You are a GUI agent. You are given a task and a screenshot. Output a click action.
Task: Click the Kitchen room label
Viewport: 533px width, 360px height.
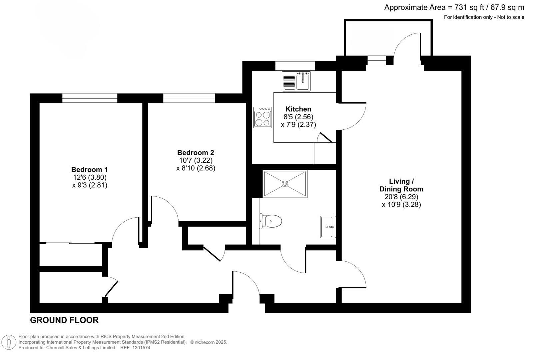[298, 109]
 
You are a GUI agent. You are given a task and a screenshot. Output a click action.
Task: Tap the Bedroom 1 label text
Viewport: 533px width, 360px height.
[89, 169]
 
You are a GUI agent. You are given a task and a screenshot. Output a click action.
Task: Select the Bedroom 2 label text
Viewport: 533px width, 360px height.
[196, 153]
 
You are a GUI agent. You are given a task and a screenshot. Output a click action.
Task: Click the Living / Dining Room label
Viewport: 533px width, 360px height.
[401, 185]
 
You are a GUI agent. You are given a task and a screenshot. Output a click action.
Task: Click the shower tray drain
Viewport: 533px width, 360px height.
[285, 184]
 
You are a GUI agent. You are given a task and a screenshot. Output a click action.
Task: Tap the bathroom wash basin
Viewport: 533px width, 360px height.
[328, 227]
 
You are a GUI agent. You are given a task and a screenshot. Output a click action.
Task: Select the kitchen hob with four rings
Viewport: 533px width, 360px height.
[263, 117]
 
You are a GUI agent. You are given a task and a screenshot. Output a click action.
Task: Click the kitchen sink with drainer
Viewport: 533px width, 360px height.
[296, 81]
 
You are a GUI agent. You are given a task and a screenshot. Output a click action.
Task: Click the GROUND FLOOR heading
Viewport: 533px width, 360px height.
[64, 320]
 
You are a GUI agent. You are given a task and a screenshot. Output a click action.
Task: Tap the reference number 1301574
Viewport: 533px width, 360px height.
[142, 348]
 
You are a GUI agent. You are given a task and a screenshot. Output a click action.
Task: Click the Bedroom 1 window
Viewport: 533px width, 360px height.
[90, 98]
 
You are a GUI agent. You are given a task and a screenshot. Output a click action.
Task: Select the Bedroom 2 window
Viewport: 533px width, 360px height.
[189, 98]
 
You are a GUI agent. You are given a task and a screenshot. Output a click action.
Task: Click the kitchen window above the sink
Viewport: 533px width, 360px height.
[295, 66]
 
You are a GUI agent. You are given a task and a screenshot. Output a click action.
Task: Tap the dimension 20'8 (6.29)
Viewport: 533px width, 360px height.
[401, 197]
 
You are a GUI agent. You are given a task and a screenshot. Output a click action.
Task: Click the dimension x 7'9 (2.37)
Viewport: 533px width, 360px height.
[298, 125]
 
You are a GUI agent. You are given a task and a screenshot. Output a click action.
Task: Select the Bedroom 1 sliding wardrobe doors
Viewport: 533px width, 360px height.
[70, 243]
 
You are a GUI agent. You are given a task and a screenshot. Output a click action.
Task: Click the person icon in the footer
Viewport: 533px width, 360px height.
[9, 342]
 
